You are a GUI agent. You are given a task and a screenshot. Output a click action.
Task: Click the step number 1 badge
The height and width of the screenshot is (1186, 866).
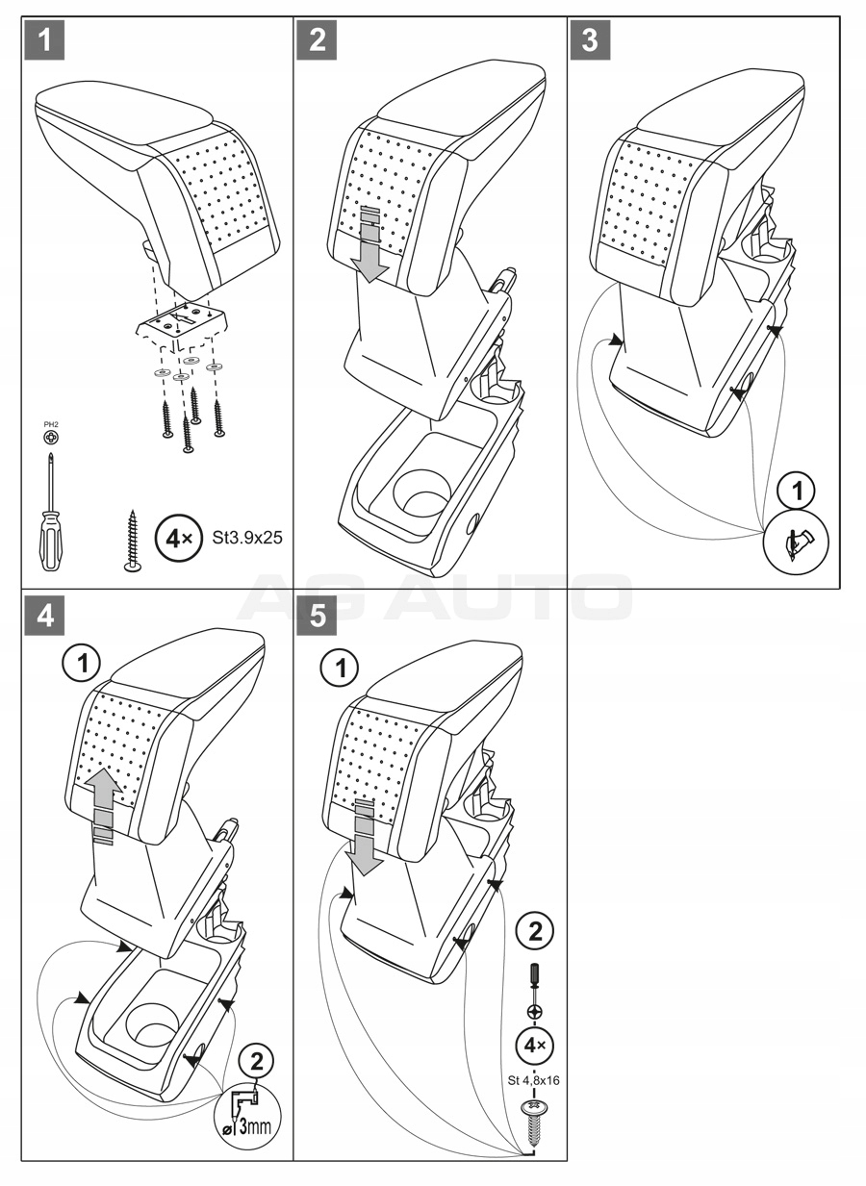44,39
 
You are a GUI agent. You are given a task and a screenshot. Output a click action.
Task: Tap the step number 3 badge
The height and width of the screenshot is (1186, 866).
590,39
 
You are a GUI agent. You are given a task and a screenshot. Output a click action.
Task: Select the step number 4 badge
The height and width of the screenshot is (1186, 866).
44,617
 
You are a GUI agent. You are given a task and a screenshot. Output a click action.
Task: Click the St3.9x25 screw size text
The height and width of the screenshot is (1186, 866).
246,539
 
